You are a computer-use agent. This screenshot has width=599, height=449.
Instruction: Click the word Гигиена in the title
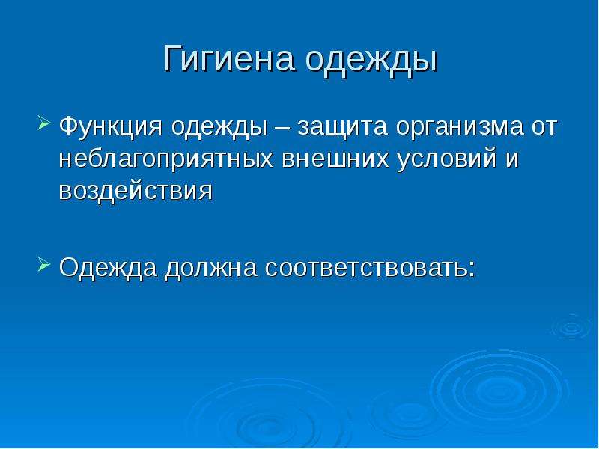click(x=229, y=58)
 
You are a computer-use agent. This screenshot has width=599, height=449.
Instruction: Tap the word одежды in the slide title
click(x=371, y=61)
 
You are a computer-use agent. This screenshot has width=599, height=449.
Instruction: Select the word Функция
click(x=111, y=126)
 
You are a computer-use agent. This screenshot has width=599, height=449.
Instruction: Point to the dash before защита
click(x=282, y=128)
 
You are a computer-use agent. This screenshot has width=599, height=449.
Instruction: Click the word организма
click(x=459, y=128)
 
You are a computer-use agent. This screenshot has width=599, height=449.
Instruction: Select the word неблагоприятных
click(x=166, y=159)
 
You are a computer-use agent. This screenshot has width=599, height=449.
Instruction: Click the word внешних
click(x=335, y=159)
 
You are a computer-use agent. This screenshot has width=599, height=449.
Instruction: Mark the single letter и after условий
click(x=512, y=159)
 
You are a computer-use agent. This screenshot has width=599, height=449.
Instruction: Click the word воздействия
click(x=136, y=190)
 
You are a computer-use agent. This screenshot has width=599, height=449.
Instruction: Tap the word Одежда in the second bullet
click(x=108, y=268)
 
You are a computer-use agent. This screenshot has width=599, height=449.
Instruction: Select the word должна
click(x=211, y=269)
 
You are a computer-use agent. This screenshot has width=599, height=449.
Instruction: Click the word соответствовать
click(x=366, y=267)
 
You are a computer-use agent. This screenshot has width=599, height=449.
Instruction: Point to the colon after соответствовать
click(x=472, y=269)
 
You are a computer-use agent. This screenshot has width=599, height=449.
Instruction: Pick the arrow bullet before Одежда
click(x=44, y=264)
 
